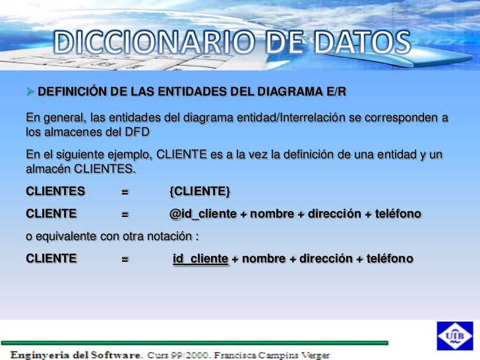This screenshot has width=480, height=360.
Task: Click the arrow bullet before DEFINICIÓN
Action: coord(30,90)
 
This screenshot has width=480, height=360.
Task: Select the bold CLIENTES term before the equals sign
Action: coord(55,192)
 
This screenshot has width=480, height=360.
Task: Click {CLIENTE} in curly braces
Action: coord(200,192)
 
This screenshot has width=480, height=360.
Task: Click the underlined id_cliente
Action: coord(200,258)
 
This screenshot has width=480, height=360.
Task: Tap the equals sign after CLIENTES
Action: coord(125,192)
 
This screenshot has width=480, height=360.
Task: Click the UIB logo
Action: coord(455,336)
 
